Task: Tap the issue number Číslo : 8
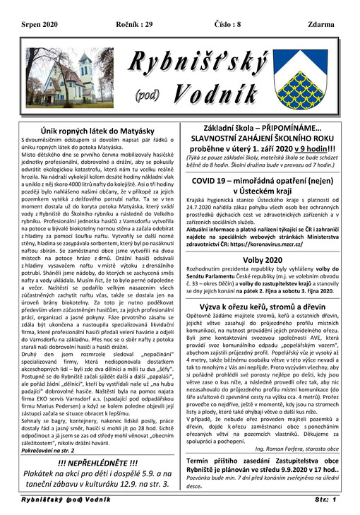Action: click(x=221, y=24)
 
